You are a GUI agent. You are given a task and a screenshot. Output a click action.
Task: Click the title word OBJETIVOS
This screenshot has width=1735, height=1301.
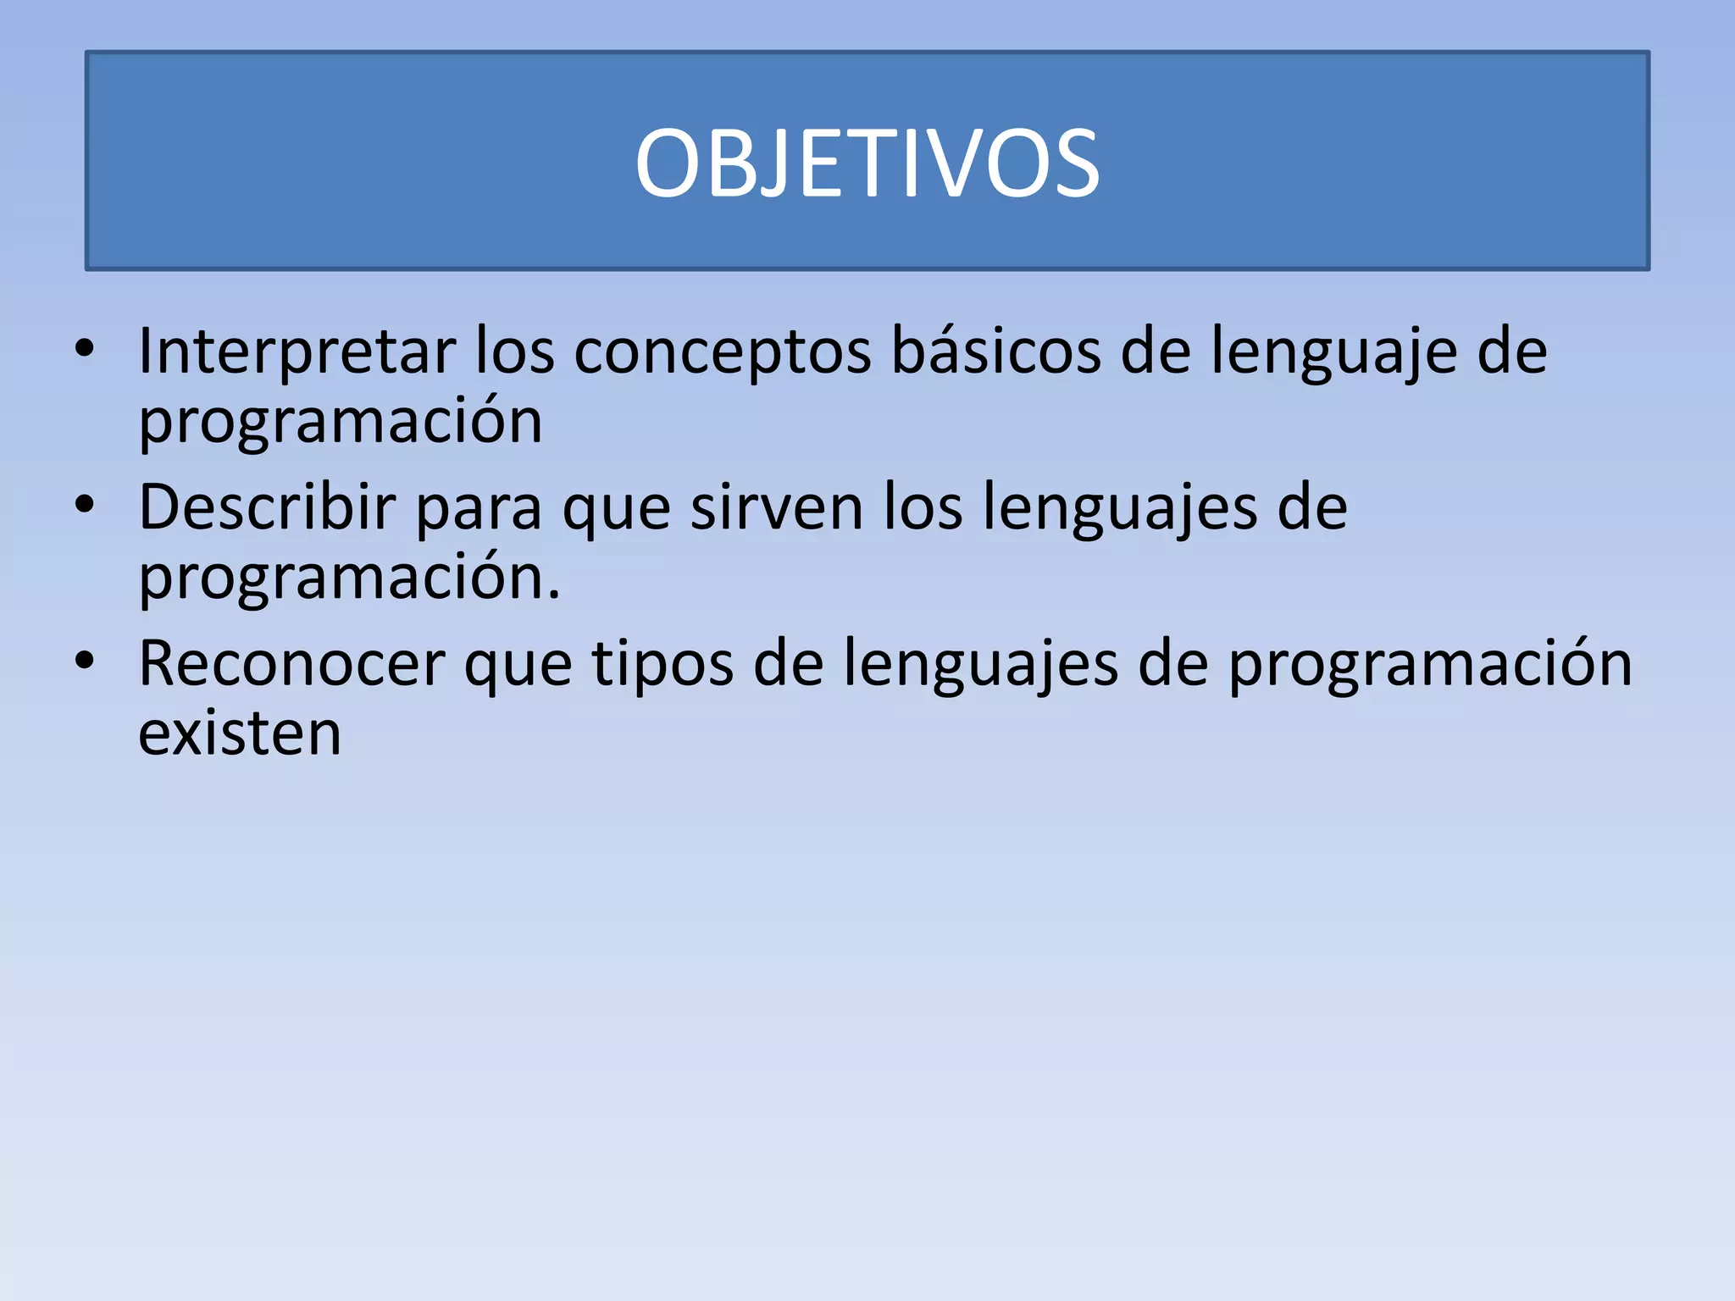point(867,163)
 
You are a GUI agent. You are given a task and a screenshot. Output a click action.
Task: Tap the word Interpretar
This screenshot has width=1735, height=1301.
point(297,352)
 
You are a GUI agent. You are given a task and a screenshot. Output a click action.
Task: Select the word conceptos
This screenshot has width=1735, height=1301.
point(722,352)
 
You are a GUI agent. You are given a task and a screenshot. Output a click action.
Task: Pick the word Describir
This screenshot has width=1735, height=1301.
point(267,508)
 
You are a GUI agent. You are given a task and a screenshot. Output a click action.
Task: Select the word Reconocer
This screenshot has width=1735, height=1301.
point(291,664)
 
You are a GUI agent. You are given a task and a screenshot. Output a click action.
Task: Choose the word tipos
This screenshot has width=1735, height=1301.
point(662,666)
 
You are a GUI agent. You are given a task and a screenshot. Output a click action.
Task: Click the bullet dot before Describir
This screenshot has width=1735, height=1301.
point(84,505)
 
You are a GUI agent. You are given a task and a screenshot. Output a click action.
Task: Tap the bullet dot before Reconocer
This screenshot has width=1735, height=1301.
point(84,661)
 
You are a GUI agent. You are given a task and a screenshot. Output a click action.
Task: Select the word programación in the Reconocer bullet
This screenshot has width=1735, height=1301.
point(1430,664)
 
